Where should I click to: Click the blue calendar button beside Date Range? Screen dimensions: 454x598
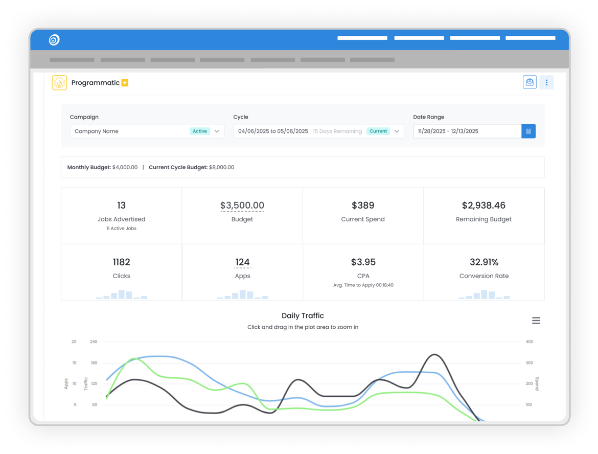coord(528,131)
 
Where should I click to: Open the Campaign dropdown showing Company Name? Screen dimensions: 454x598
coord(147,131)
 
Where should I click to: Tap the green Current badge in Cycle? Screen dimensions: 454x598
coord(378,131)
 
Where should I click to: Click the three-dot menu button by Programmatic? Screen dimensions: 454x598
coord(546,82)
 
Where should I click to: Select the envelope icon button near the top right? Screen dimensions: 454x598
coord(530,82)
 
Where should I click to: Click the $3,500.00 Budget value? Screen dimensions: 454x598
coord(242,206)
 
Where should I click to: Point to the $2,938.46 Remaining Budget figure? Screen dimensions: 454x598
coord(484,206)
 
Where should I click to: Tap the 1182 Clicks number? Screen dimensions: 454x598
coord(121,262)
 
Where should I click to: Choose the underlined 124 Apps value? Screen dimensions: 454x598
coord(242,262)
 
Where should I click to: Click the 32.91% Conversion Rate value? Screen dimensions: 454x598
coord(484,262)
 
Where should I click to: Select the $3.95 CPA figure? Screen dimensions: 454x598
coord(363,262)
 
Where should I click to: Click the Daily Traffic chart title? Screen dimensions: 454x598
coord(303,316)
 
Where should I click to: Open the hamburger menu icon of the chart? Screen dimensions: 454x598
coord(536,321)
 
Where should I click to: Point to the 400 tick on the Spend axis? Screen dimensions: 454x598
coord(530,342)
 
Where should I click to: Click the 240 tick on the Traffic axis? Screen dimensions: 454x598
coord(94,342)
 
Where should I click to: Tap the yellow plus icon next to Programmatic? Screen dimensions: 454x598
coord(125,83)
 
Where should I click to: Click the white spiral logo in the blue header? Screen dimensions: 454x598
coord(54,39)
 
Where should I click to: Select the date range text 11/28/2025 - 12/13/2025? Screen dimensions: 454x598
coord(448,131)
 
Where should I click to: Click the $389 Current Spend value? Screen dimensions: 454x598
coord(363,206)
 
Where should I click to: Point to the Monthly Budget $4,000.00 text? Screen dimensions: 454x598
coord(102,167)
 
